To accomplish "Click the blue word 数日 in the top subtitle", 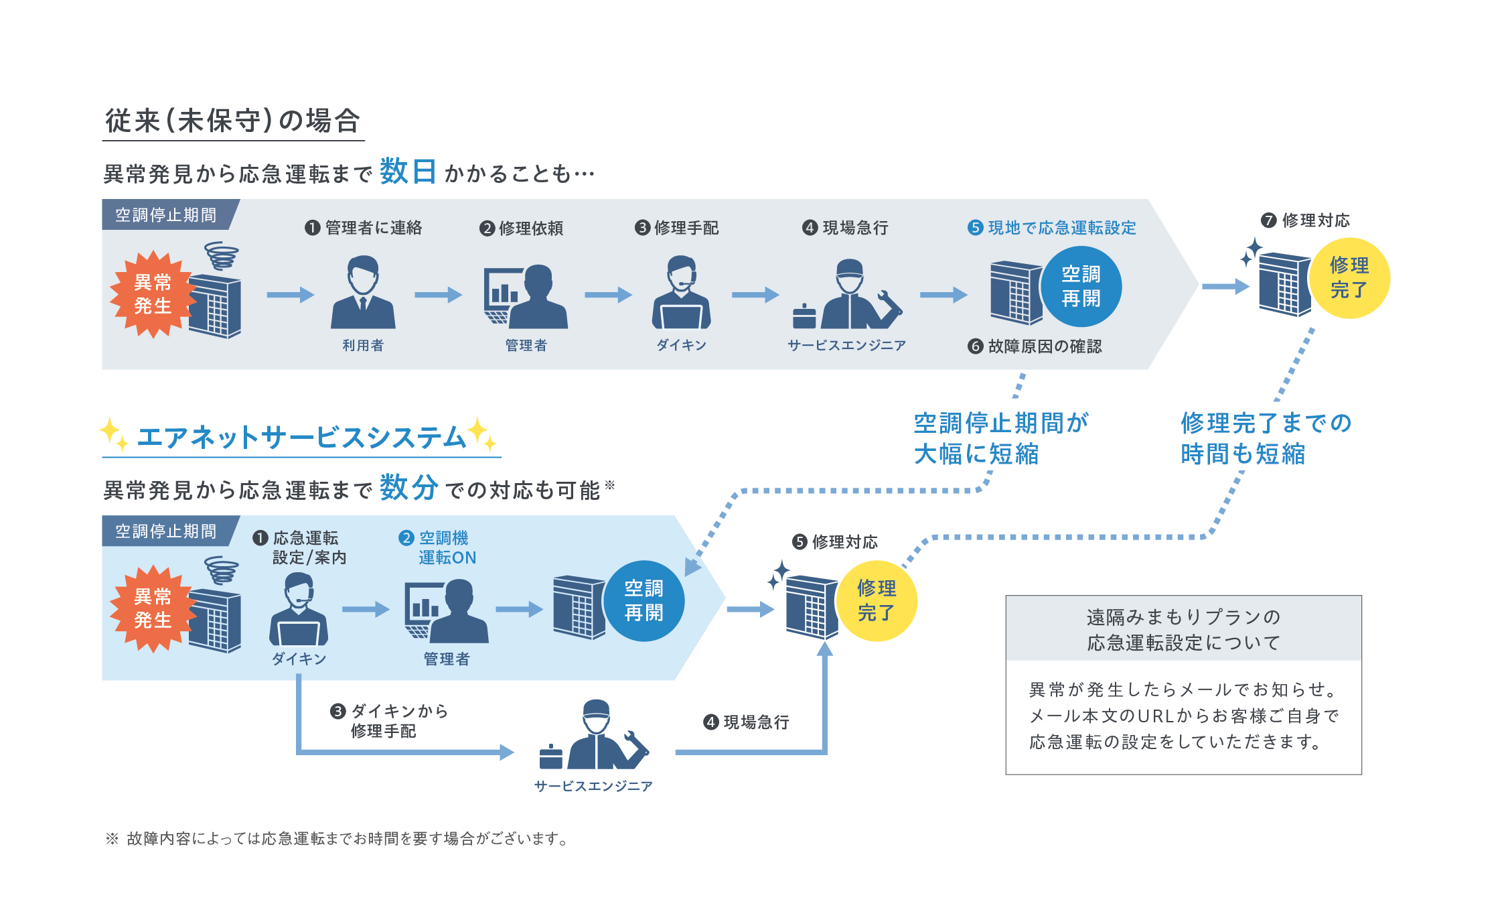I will pos(407,172).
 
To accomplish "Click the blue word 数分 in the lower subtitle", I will pos(408,487).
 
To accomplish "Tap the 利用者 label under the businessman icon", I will pos(363,345).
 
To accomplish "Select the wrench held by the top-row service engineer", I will pos(890,305).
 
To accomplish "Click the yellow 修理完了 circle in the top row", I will pos(1349,278).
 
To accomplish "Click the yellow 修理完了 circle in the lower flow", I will pos(877,600).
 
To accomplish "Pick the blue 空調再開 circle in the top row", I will pos(1081,286).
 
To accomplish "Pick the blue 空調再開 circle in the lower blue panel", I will pos(644,600).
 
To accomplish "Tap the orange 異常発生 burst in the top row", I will pos(153,294).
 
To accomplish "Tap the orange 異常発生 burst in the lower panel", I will pos(153,608).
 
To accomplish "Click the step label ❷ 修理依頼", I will pos(522,228).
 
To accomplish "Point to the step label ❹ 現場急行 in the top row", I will pos(846,228).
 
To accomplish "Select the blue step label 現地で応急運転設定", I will pos(1061,228).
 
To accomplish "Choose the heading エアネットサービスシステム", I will pos(301,438).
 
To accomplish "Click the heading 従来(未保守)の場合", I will pos(233,121).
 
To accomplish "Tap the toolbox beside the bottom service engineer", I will pos(550,757).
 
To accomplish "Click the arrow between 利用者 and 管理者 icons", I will pos(438,295).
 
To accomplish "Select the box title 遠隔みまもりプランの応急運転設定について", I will pos(1183,629).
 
